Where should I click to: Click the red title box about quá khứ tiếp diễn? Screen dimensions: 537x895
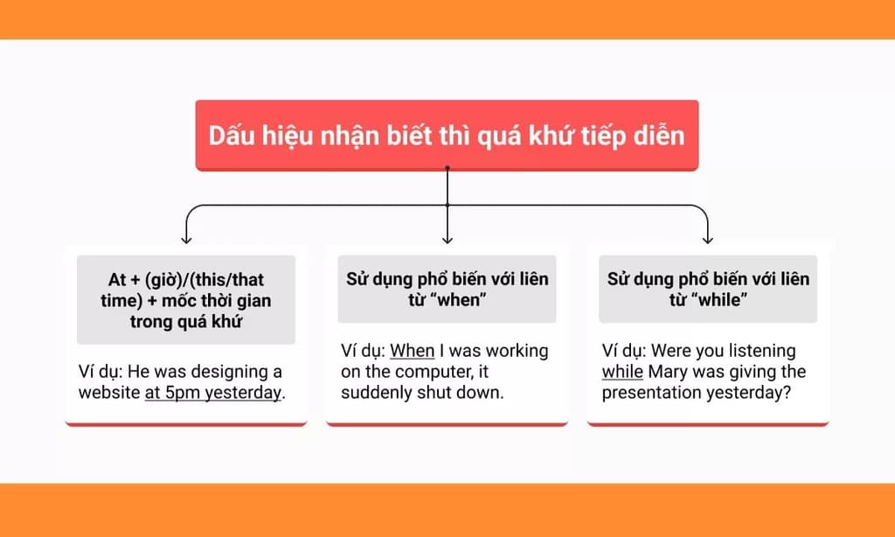[x=447, y=136]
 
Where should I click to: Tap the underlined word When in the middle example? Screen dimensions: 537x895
[x=413, y=351]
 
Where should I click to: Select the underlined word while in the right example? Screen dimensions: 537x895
[x=622, y=372]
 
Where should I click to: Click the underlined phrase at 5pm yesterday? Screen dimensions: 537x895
[x=213, y=392]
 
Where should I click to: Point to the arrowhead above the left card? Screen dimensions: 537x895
[x=185, y=237]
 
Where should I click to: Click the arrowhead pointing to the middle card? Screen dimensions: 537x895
[x=447, y=237]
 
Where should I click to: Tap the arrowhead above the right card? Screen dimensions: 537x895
[x=708, y=237]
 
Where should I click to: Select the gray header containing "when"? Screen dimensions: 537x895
[x=447, y=289]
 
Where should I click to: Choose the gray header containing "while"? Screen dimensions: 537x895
[x=708, y=289]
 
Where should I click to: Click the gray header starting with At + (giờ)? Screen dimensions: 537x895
[x=186, y=300]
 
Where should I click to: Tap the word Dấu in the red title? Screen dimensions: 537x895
[x=230, y=136]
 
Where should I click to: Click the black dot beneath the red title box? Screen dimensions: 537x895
[x=447, y=167]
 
